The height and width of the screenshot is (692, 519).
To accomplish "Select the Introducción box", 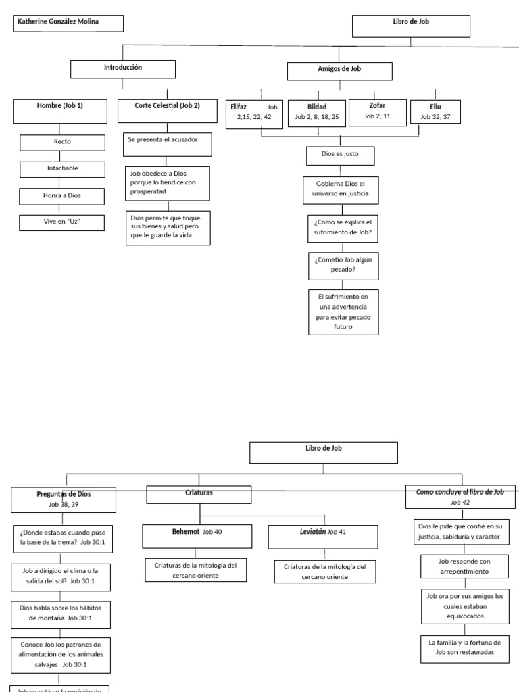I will coord(122,69).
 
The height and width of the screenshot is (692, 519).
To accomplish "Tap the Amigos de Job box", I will coord(339,71).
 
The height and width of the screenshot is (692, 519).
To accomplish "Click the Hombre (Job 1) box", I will coord(60,111).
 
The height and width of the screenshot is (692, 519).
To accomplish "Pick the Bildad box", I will coord(316,112).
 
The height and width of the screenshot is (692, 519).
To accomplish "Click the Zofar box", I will coord(378,111).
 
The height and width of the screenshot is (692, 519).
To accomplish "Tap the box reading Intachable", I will coord(63,169).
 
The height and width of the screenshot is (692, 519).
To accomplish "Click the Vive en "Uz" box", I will coord(63,222).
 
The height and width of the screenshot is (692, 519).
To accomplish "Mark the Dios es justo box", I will coord(340,155).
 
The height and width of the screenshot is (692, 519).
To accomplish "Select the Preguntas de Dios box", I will coord(64,499).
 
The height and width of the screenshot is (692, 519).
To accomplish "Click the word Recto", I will coord(63,143).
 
